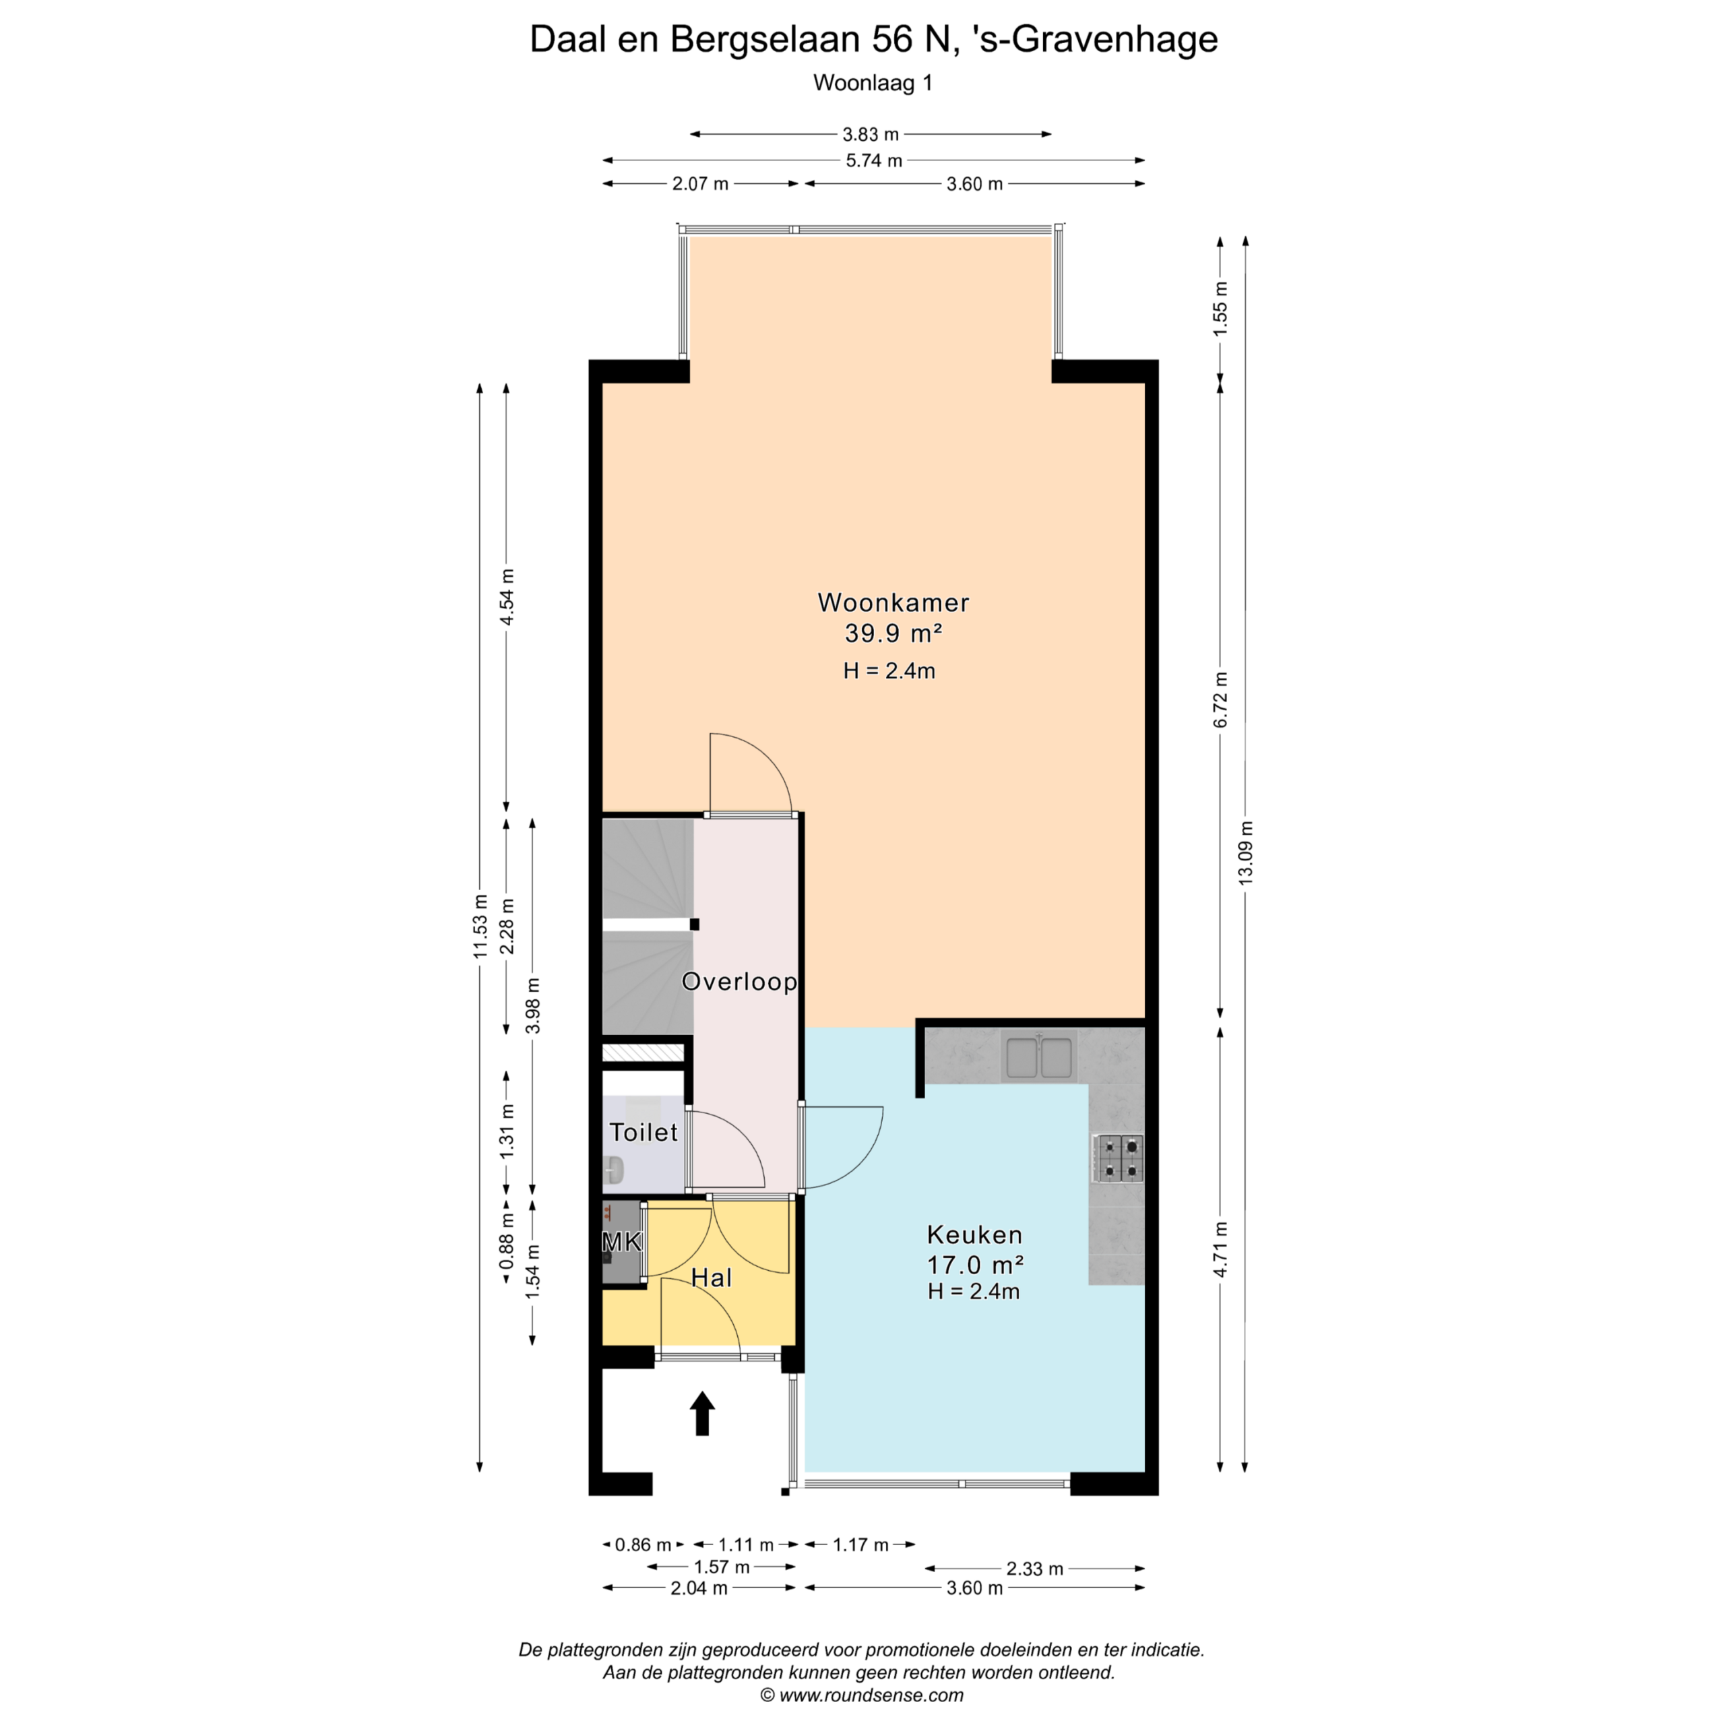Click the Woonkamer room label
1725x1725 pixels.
(893, 602)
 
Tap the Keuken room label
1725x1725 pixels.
(974, 1235)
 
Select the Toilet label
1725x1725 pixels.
(643, 1132)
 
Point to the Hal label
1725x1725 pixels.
(712, 1278)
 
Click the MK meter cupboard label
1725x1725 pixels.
(623, 1242)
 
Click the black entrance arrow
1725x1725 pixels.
(703, 1414)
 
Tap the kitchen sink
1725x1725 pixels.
(1038, 1057)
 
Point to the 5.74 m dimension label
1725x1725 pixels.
(874, 161)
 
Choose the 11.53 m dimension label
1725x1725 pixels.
(480, 926)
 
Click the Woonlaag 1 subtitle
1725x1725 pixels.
(873, 83)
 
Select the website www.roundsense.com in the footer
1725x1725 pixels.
(871, 1695)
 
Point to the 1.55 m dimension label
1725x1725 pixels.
(1220, 308)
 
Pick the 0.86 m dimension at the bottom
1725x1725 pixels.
(643, 1544)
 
